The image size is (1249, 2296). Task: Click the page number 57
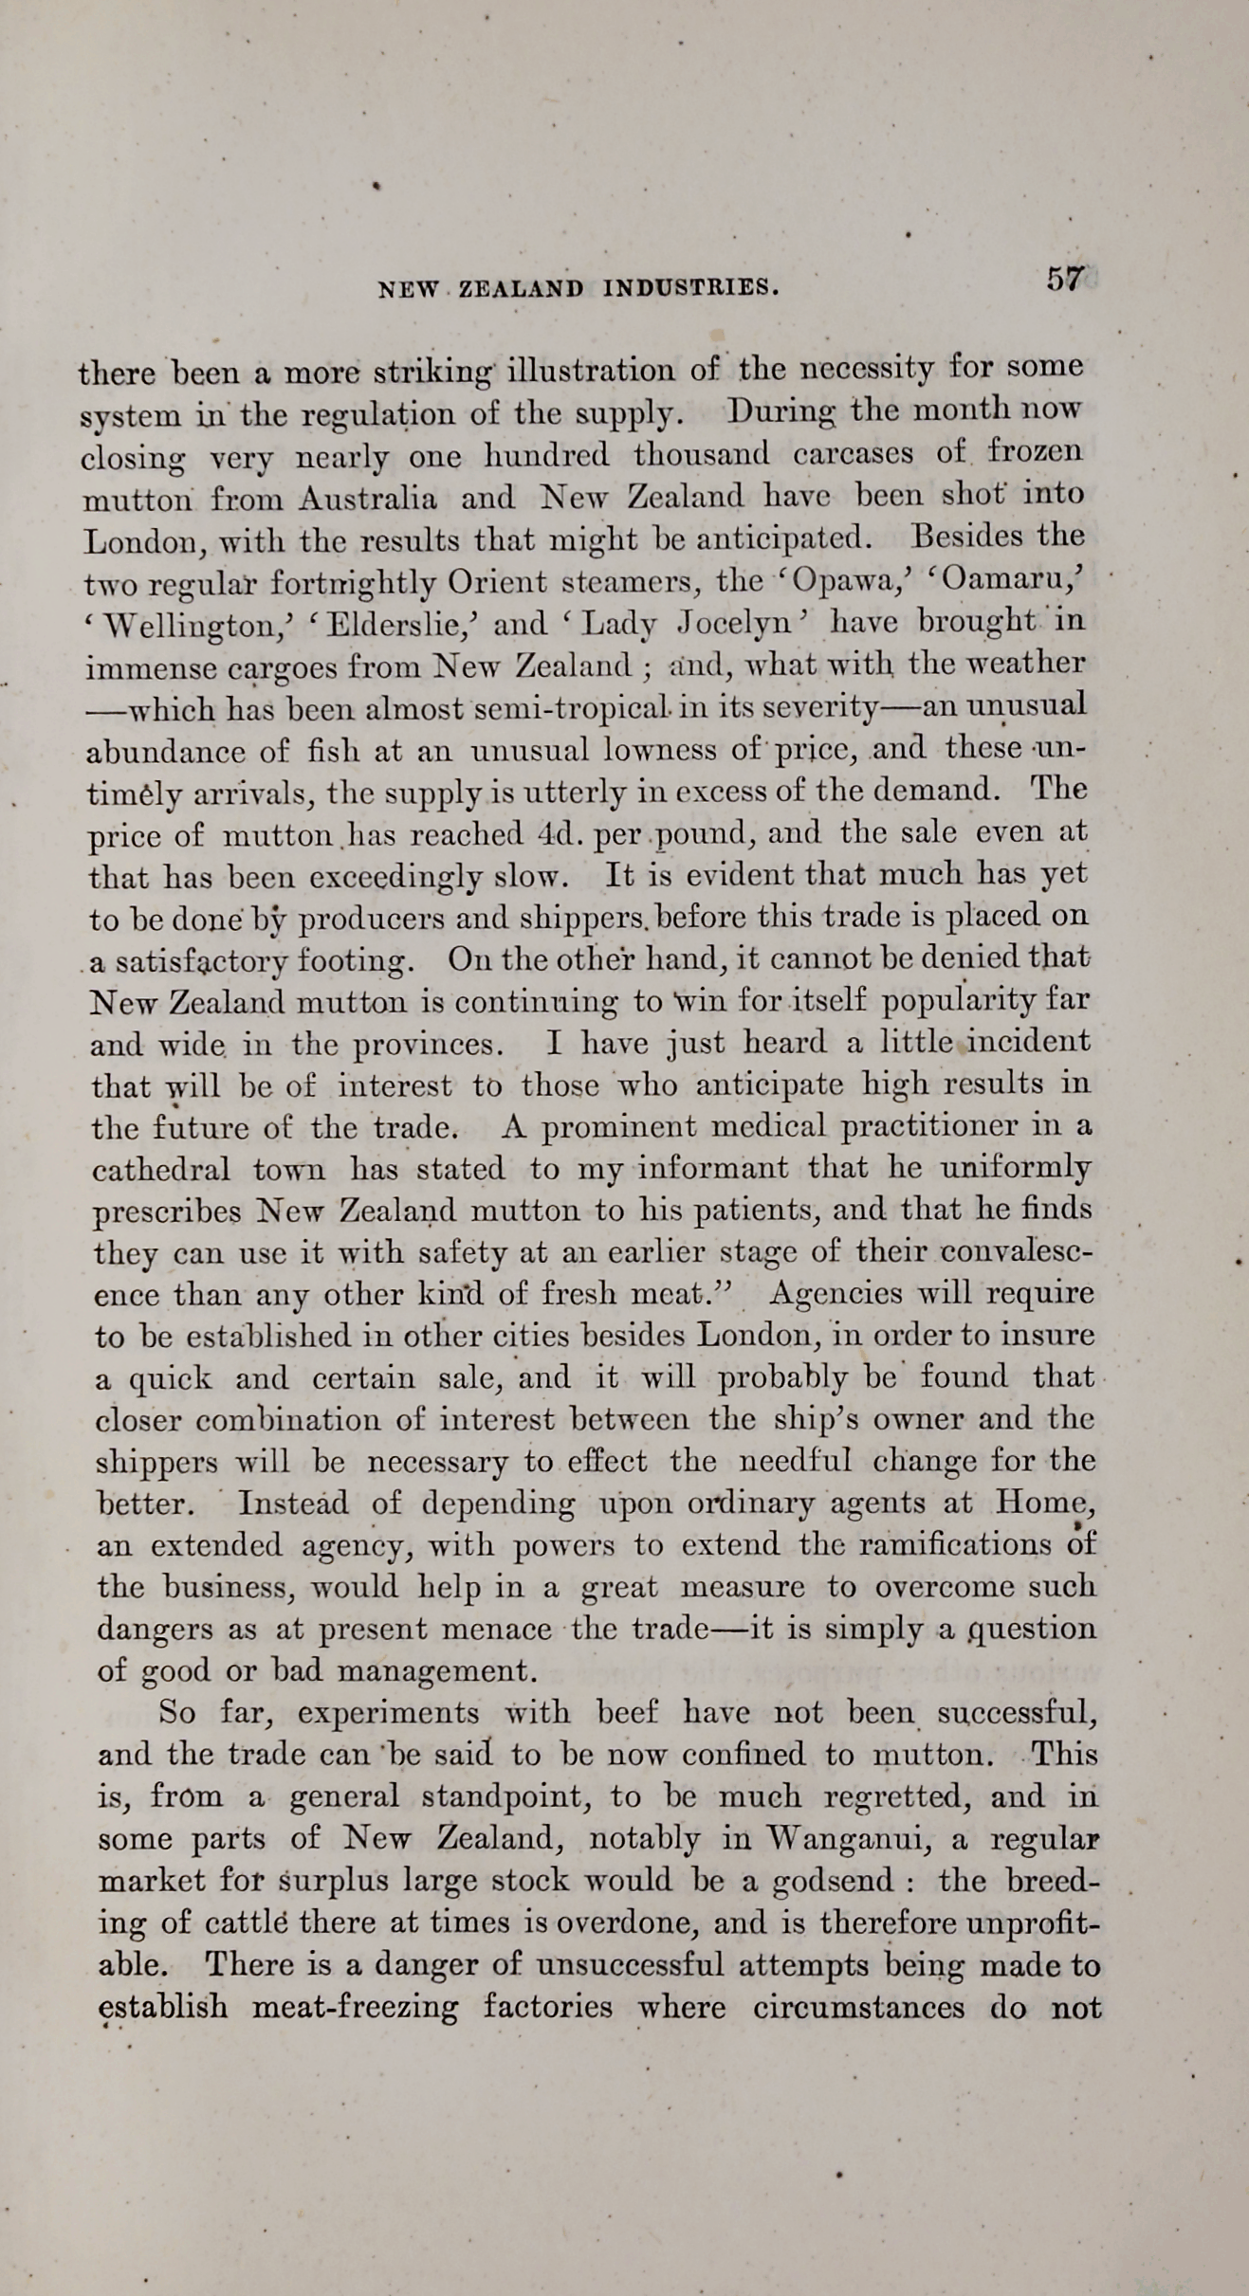1065,280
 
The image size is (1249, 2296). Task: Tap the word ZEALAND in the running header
521,288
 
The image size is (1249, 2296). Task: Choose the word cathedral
161,1169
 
